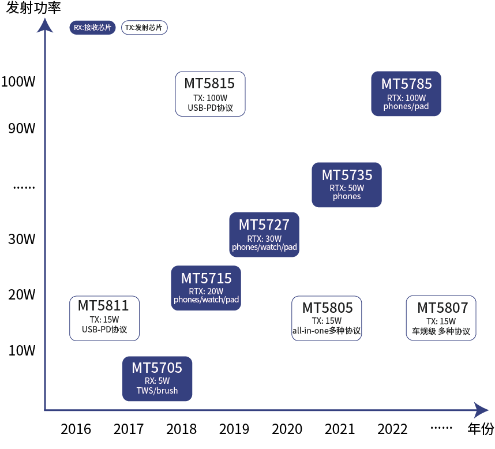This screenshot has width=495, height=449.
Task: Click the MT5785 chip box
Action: tap(406, 93)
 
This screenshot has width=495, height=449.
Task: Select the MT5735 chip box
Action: tap(347, 185)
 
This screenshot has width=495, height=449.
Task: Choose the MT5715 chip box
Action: tap(206, 288)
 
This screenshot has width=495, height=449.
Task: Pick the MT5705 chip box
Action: tap(157, 379)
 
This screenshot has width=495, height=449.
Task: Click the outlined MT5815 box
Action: tap(210, 94)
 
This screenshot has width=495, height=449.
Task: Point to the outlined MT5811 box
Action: tap(104, 319)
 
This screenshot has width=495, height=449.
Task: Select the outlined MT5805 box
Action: tap(327, 319)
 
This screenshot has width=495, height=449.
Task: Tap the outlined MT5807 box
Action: tap(441, 319)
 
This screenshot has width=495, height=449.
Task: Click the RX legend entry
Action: tap(93, 28)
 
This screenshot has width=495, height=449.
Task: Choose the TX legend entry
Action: tap(144, 28)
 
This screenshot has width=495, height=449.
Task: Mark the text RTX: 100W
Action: tap(406, 98)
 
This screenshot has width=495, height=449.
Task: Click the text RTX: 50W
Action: tap(347, 188)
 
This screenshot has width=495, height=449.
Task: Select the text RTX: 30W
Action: tap(264, 238)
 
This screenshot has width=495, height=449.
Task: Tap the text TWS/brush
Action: tap(157, 390)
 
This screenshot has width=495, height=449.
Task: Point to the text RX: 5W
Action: tap(157, 381)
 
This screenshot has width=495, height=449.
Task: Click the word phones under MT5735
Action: tap(347, 196)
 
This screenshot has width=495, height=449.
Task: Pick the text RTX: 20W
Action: tap(206, 291)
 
